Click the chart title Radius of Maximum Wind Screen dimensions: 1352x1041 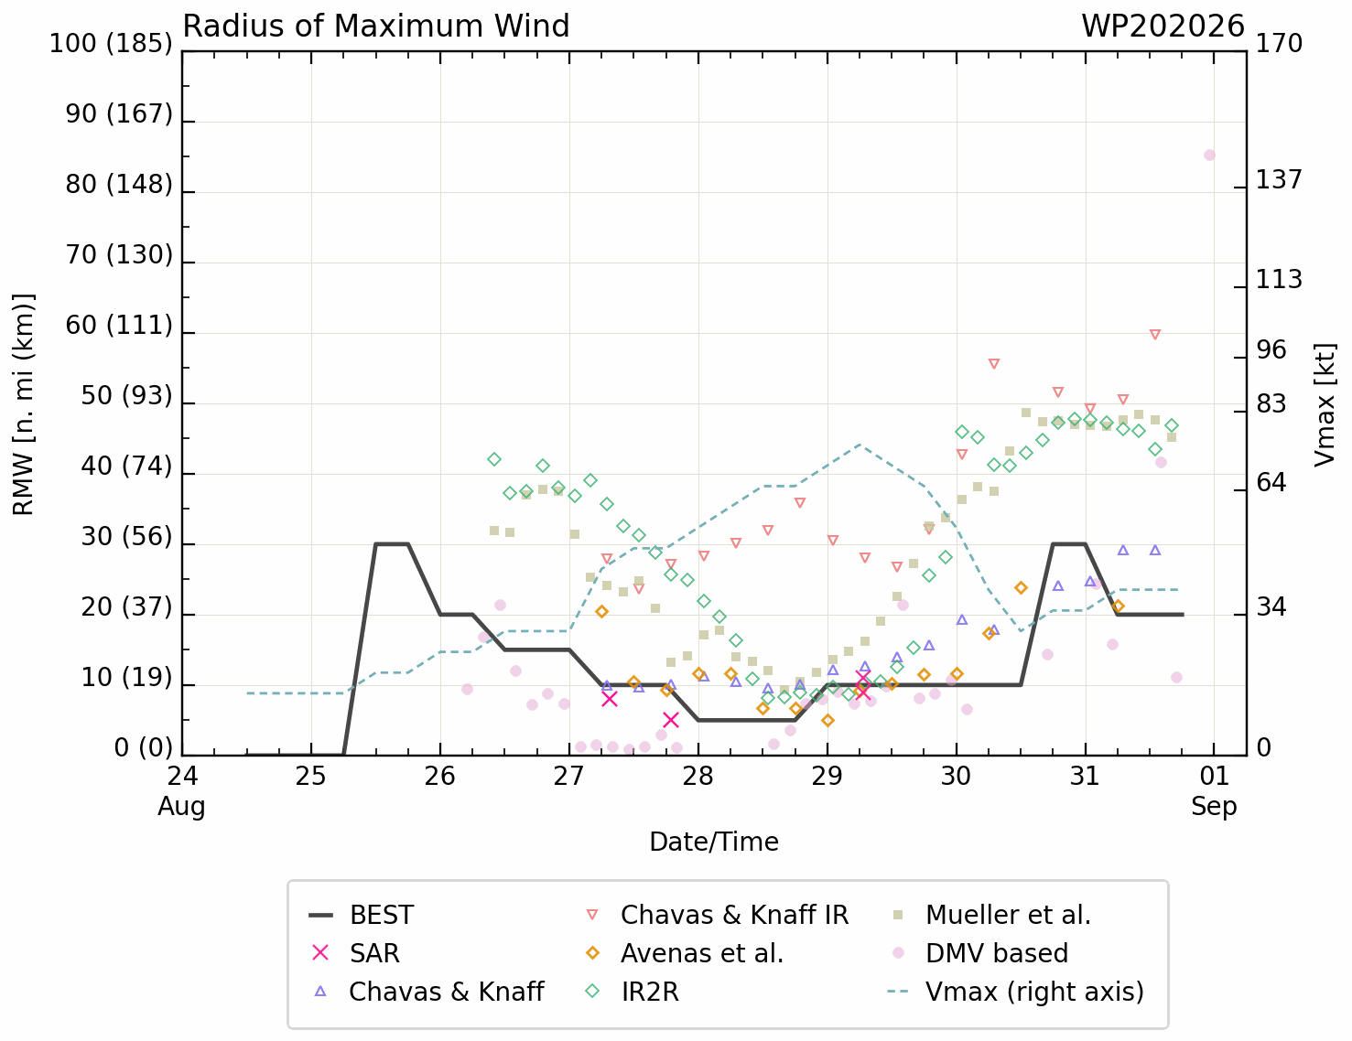pyautogui.click(x=376, y=27)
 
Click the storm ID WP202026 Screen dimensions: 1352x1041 pyautogui.click(x=1163, y=27)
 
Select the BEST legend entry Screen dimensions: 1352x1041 pyautogui.click(x=361, y=915)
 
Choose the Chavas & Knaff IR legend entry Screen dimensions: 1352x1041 pyautogui.click(x=717, y=915)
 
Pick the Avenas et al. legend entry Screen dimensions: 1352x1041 pyautogui.click(x=685, y=953)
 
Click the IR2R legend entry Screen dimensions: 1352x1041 pyautogui.click(x=633, y=992)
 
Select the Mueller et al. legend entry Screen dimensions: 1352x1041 pyautogui.click(x=991, y=915)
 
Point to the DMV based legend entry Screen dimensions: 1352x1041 pyautogui.click(x=980, y=953)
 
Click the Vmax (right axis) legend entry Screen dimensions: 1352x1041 pyautogui.click(x=1016, y=992)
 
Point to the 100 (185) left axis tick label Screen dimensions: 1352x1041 pyautogui.click(x=111, y=44)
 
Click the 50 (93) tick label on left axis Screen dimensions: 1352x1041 pyautogui.click(x=126, y=395)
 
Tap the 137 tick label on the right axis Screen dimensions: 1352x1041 pyautogui.click(x=1279, y=180)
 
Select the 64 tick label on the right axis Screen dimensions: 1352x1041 pyautogui.click(x=1271, y=483)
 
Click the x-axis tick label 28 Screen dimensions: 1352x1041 pyautogui.click(x=698, y=776)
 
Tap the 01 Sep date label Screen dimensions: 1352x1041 pyautogui.click(x=1214, y=790)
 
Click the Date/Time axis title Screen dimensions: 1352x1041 pyautogui.click(x=714, y=842)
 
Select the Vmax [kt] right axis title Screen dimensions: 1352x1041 pyautogui.click(x=1325, y=404)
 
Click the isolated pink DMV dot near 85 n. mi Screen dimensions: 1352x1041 pyautogui.click(x=1209, y=155)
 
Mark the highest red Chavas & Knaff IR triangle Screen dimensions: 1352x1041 pyautogui.click(x=1155, y=335)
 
